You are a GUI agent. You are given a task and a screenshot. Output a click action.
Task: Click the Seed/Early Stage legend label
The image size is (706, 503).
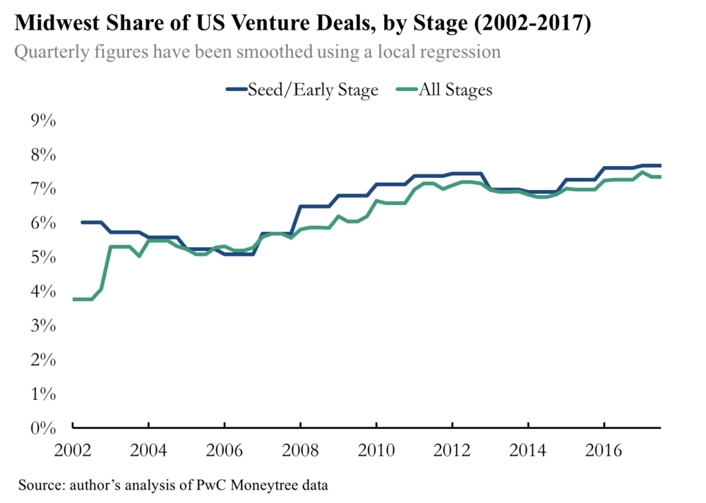tap(313, 90)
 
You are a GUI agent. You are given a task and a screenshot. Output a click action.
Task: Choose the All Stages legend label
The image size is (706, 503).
tap(455, 90)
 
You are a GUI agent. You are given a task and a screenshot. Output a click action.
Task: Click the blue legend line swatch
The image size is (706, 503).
tap(237, 90)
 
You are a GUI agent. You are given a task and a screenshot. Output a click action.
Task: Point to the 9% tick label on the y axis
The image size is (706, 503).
tap(42, 121)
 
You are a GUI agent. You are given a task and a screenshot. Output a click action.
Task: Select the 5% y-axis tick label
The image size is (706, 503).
tap(42, 257)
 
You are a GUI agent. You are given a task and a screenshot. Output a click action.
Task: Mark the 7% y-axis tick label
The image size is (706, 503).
tap(42, 189)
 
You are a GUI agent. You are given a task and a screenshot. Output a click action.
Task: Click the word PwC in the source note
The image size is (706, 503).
tap(206, 485)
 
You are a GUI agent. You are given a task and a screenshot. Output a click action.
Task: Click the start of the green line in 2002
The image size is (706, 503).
tap(74, 300)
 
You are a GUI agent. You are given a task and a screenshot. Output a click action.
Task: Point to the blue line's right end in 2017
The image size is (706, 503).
tap(660, 165)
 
